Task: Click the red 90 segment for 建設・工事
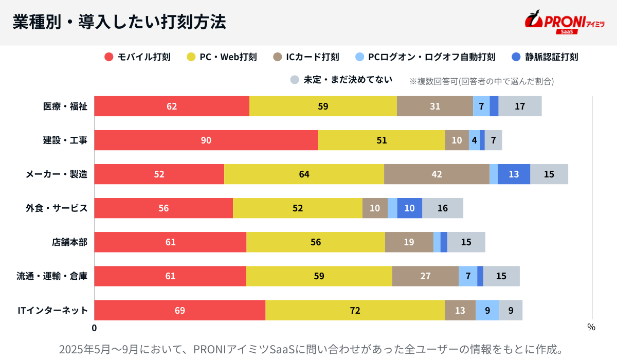(206, 140)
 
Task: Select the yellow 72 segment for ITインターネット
(355, 310)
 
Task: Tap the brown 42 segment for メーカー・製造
(437, 174)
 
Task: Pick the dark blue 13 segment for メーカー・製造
(514, 174)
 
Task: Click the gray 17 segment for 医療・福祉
(520, 106)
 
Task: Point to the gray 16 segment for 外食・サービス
(443, 208)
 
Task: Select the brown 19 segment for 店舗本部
(409, 242)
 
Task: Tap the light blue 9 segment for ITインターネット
(487, 310)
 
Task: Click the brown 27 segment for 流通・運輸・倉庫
(425, 276)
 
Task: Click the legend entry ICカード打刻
(306, 57)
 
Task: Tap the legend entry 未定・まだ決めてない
(341, 80)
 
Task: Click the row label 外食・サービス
(57, 208)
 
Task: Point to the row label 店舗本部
(69, 242)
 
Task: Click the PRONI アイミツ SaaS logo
(564, 22)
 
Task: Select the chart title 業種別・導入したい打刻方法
(119, 22)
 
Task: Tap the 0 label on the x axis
(94, 327)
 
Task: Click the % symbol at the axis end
(591, 327)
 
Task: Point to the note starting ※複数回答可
(481, 81)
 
